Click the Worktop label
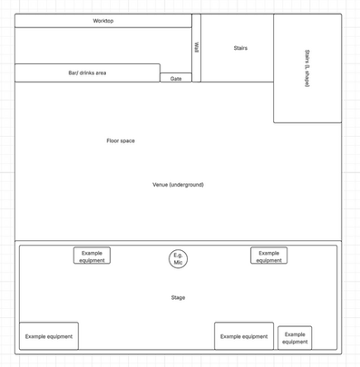pyautogui.click(x=103, y=21)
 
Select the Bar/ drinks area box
pyautogui.click(x=87, y=72)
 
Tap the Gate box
pyautogui.click(x=176, y=78)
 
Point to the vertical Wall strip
pyautogui.click(x=197, y=48)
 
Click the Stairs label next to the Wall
pyautogui.click(x=240, y=48)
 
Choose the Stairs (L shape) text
pyautogui.click(x=306, y=68)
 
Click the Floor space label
pyautogui.click(x=121, y=140)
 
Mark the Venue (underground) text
pyautogui.click(x=178, y=185)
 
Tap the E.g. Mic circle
pyautogui.click(x=178, y=259)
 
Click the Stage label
pyautogui.click(x=178, y=297)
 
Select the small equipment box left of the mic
pyautogui.click(x=92, y=256)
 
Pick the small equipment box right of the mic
pyautogui.click(x=269, y=256)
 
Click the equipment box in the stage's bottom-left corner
pyautogui.click(x=49, y=336)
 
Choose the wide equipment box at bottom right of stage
pyautogui.click(x=244, y=336)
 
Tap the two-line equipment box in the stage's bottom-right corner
pyautogui.click(x=295, y=338)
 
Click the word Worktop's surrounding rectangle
pyautogui.click(x=103, y=21)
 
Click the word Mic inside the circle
pyautogui.click(x=178, y=262)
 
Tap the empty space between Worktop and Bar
pyautogui.click(x=103, y=45)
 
